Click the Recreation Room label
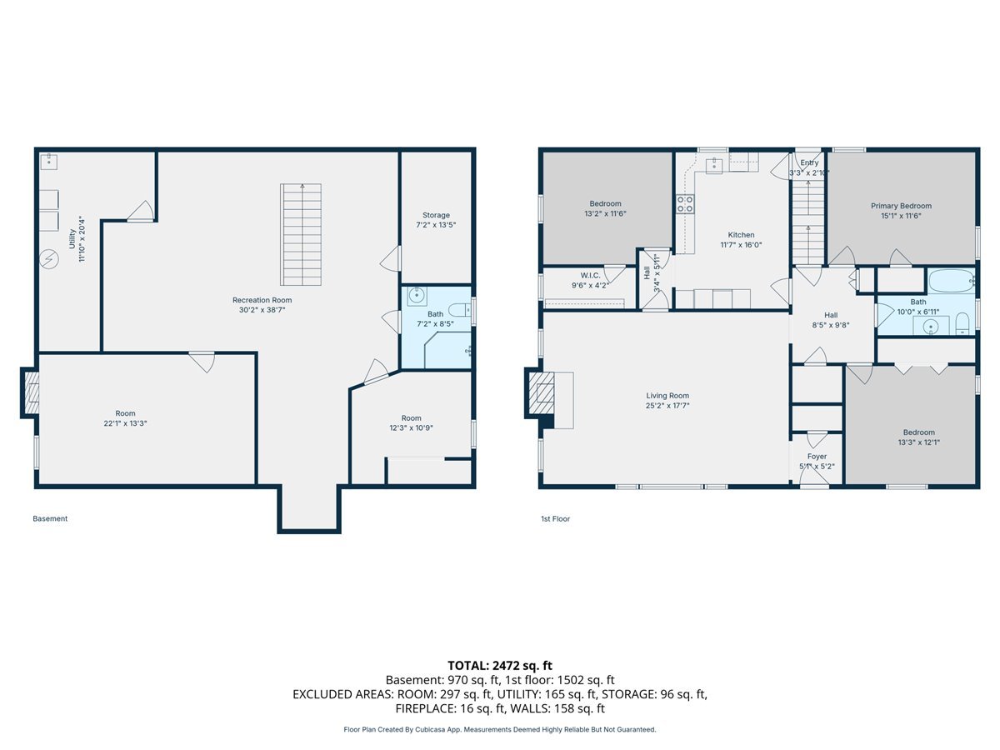pyautogui.click(x=262, y=305)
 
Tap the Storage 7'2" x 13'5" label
pyautogui.click(x=436, y=219)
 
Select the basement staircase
pyautogui.click(x=301, y=234)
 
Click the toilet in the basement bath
pyautogui.click(x=460, y=310)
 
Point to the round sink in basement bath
pyautogui.click(x=417, y=296)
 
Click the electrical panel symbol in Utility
pyautogui.click(x=48, y=259)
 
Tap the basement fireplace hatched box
pyautogui.click(x=32, y=393)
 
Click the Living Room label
pyautogui.click(x=667, y=400)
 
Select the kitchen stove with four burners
pyautogui.click(x=685, y=204)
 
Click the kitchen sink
pyautogui.click(x=714, y=166)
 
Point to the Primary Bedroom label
pyautogui.click(x=901, y=211)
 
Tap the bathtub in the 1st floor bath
pyautogui.click(x=951, y=281)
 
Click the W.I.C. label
pyautogui.click(x=591, y=281)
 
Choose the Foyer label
pyautogui.click(x=817, y=462)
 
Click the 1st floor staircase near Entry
pyautogui.click(x=808, y=222)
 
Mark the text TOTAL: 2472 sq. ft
pyautogui.click(x=500, y=666)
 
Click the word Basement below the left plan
pyautogui.click(x=50, y=518)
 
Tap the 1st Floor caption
pyautogui.click(x=555, y=518)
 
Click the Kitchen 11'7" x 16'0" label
pyautogui.click(x=741, y=239)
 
